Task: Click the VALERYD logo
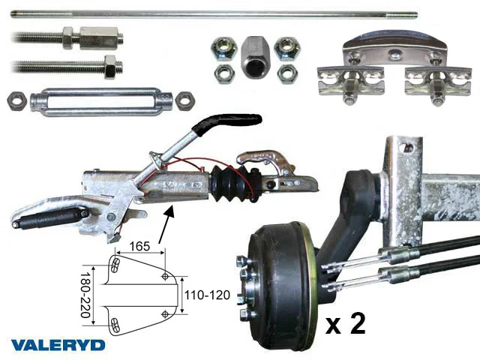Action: point(58,345)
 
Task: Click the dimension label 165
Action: point(139,246)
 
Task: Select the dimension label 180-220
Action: point(85,295)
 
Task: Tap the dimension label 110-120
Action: point(207,295)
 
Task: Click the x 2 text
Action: point(345,324)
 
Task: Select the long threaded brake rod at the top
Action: point(214,14)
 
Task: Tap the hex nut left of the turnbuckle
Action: point(17,100)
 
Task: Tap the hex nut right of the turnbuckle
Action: point(185,100)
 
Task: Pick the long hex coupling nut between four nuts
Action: point(255,57)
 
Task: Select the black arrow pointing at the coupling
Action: point(166,224)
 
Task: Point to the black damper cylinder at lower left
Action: point(50,217)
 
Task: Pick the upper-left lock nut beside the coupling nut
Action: point(224,47)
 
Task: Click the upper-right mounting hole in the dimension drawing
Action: point(165,276)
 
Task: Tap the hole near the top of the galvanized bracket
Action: point(408,148)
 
